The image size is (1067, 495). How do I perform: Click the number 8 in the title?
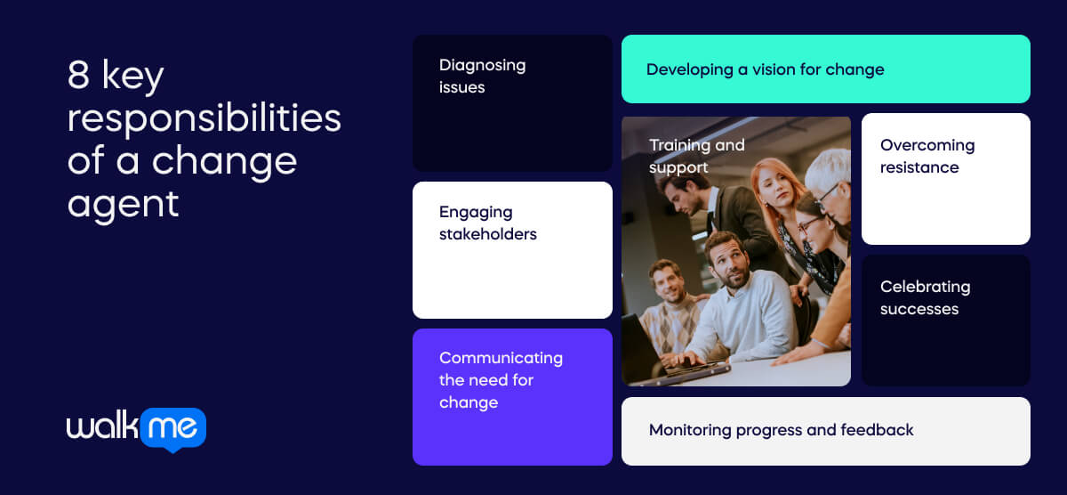pyautogui.click(x=78, y=75)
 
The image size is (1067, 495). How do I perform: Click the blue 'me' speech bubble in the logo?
pyautogui.click(x=173, y=429)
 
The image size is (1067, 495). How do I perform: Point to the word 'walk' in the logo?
pyautogui.click(x=102, y=425)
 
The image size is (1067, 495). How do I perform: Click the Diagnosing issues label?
pyautogui.click(x=482, y=77)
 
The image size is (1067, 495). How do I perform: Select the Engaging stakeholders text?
pyautogui.click(x=488, y=223)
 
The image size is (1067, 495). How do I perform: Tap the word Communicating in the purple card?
pyautogui.click(x=501, y=358)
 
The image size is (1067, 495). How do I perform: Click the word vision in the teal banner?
pyautogui.click(x=774, y=69)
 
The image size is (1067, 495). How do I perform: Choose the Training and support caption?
pyautogui.click(x=696, y=156)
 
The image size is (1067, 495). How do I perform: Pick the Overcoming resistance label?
pyautogui.click(x=927, y=156)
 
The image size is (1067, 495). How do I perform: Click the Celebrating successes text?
pyautogui.click(x=925, y=297)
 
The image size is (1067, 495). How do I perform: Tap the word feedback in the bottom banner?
pyautogui.click(x=877, y=430)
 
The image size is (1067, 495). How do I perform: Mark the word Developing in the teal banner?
pyautogui.click(x=690, y=70)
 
